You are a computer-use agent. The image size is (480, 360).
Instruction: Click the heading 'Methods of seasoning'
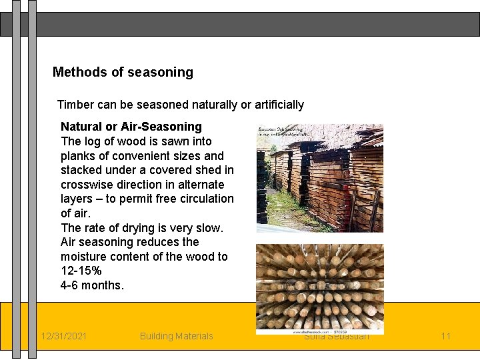click(x=123, y=72)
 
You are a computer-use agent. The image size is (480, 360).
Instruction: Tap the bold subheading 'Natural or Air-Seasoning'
click(x=131, y=127)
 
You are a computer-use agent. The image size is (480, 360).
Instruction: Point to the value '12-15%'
click(x=81, y=271)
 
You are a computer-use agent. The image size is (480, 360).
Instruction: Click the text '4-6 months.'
click(x=92, y=285)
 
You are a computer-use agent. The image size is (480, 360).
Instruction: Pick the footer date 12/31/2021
click(x=63, y=336)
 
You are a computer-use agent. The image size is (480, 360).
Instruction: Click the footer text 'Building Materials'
click(x=176, y=336)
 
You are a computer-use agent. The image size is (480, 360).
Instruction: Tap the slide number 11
click(x=445, y=336)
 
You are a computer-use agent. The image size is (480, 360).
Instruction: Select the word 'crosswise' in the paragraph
click(x=86, y=185)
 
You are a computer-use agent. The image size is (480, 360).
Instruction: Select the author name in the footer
click(x=337, y=337)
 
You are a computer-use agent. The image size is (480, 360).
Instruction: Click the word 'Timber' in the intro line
click(x=74, y=105)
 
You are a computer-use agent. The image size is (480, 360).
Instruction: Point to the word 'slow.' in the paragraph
click(x=209, y=228)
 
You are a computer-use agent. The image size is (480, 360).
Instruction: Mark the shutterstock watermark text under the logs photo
click(x=319, y=329)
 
